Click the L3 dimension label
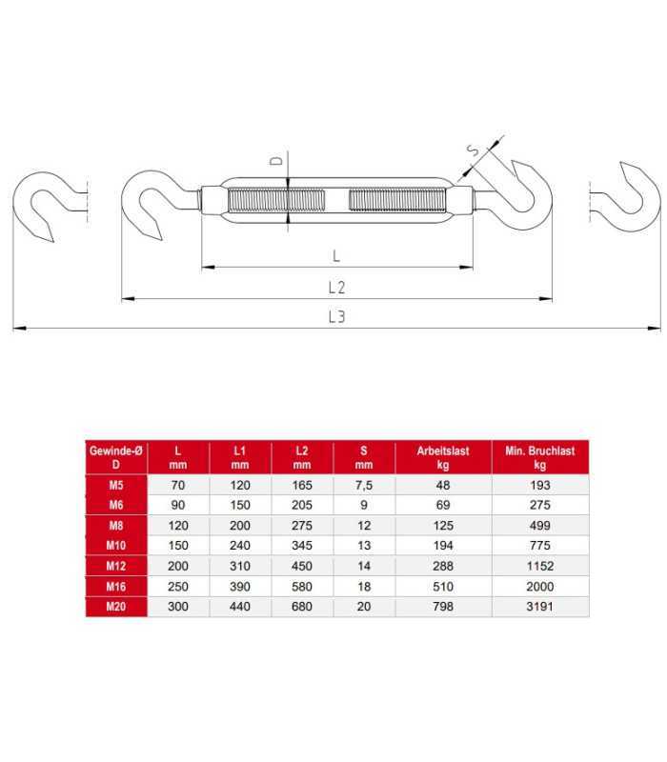[x=336, y=317]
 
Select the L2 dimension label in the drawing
[x=336, y=288]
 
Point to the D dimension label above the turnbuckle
[x=276, y=160]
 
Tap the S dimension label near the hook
[x=473, y=150]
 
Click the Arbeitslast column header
[x=443, y=457]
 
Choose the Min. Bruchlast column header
[x=539, y=457]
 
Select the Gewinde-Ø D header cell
[x=115, y=457]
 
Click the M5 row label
[x=116, y=485]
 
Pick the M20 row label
[x=116, y=607]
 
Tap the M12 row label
[x=116, y=566]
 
